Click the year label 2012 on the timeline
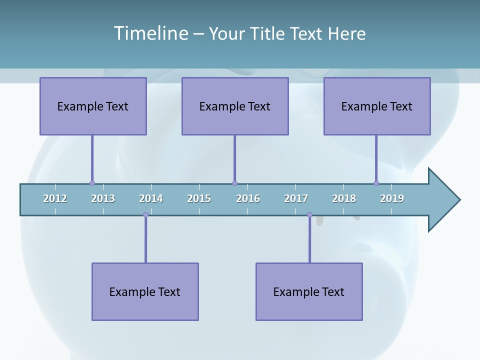[55, 198]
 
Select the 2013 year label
[103, 198]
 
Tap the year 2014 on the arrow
[151, 198]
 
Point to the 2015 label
[199, 198]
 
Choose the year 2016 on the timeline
[248, 198]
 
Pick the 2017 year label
[296, 198]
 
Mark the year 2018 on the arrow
[344, 198]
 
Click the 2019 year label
[392, 198]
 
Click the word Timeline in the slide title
[150, 33]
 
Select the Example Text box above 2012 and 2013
[93, 106]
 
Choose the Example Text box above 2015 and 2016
[235, 106]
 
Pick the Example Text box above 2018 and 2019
[377, 106]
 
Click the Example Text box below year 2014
[145, 291]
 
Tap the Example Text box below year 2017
[309, 291]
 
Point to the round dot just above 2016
[234, 183]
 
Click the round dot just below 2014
[145, 215]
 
